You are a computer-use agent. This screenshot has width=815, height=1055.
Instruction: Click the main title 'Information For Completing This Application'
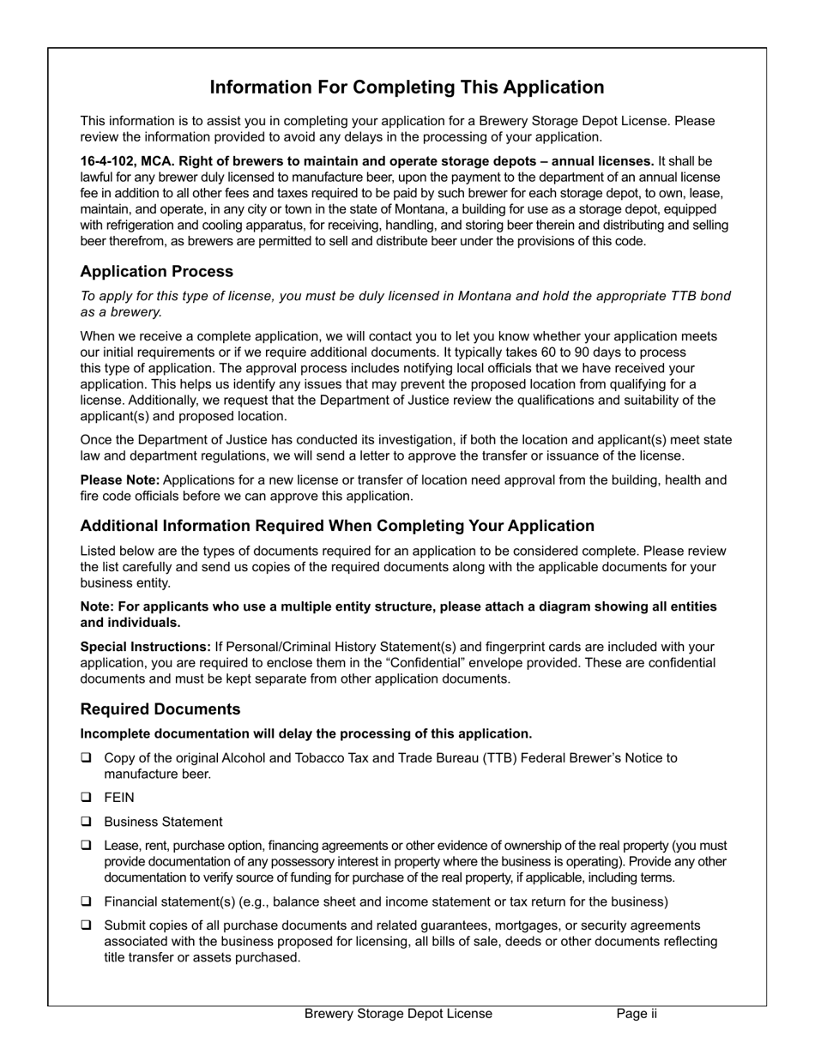pyautogui.click(x=407, y=87)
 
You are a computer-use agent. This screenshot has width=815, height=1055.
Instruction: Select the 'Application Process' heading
pyautogui.click(x=156, y=272)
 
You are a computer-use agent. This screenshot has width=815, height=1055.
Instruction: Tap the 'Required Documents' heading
pyautogui.click(x=160, y=709)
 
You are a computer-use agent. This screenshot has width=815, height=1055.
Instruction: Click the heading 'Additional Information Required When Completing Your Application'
pyautogui.click(x=337, y=526)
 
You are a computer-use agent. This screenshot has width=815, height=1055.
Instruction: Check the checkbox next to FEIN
pyautogui.click(x=87, y=798)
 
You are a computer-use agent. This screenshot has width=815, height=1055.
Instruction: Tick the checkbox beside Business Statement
pyautogui.click(x=87, y=822)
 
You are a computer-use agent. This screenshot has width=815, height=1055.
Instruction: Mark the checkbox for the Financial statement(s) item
pyautogui.click(x=87, y=901)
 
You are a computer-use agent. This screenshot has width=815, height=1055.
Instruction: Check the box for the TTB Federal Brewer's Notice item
pyautogui.click(x=87, y=758)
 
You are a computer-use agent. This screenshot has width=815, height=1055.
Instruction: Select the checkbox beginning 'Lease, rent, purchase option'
pyautogui.click(x=87, y=846)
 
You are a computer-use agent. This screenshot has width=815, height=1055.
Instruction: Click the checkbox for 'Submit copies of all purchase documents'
pyautogui.click(x=87, y=925)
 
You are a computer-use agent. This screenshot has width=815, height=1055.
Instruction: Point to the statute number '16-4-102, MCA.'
pyautogui.click(x=127, y=161)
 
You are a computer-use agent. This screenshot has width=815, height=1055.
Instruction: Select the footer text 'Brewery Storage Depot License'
pyautogui.click(x=398, y=1014)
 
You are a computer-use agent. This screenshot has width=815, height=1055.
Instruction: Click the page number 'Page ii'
pyautogui.click(x=637, y=1014)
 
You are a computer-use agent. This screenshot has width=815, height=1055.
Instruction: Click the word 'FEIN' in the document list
pyautogui.click(x=119, y=798)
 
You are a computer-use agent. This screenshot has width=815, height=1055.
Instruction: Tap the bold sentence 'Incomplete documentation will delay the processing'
pyautogui.click(x=305, y=733)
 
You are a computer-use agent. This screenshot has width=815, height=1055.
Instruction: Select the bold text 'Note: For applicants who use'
pyautogui.click(x=172, y=607)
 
